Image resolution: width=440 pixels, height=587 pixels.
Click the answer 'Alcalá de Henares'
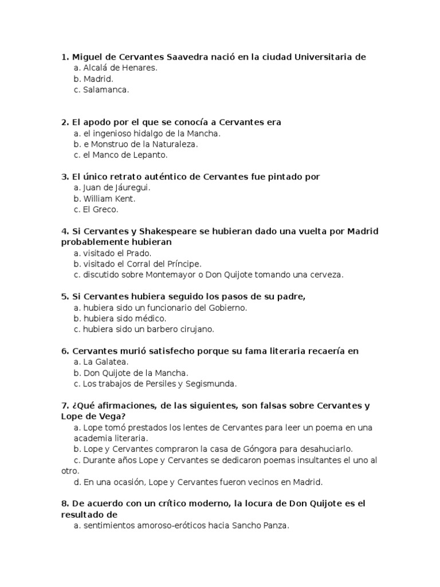pyautogui.click(x=120, y=68)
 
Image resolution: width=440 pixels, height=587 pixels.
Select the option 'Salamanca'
pyautogui.click(x=106, y=89)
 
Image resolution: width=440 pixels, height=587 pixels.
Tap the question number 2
pyautogui.click(x=64, y=122)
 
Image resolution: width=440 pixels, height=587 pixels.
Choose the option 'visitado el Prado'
pyautogui.click(x=119, y=253)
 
